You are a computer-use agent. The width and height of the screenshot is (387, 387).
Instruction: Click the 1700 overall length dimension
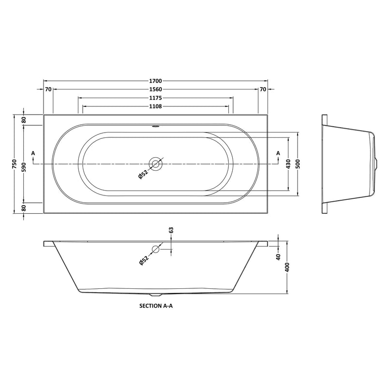[x=155, y=81]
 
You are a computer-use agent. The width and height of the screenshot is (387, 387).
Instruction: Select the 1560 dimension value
[x=155, y=89]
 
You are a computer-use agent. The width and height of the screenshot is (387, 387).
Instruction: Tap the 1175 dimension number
[x=155, y=98]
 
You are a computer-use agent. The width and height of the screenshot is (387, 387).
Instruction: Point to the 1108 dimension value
[x=155, y=106]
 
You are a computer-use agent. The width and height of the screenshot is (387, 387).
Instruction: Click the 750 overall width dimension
[x=15, y=164]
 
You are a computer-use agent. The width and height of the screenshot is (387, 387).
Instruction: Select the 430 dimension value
[x=288, y=164]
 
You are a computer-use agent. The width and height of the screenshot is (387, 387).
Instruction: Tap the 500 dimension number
[x=298, y=164]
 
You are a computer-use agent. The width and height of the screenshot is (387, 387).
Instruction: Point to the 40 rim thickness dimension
[x=279, y=257]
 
